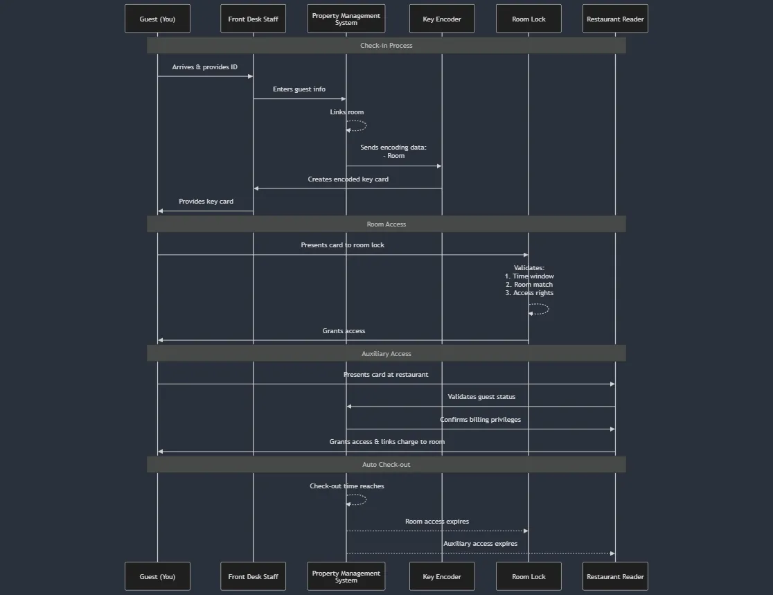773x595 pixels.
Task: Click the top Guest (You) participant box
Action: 157,19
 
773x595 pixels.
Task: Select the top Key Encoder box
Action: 442,19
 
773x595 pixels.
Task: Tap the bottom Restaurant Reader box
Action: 615,576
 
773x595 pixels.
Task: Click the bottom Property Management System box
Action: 346,576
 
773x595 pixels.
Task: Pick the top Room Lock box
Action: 528,19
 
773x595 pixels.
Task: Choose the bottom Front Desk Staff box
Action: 253,576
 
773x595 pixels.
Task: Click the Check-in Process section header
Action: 386,46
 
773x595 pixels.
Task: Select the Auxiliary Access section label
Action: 386,354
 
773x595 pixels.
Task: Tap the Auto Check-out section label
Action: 386,465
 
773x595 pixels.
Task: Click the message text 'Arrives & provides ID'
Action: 205,67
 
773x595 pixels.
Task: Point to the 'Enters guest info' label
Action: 299,89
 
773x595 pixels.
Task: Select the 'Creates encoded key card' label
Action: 348,179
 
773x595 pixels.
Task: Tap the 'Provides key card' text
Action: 206,202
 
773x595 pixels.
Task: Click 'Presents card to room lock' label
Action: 342,245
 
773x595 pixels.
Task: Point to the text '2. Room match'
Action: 529,285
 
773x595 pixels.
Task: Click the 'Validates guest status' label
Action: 481,397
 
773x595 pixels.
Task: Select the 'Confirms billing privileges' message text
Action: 480,420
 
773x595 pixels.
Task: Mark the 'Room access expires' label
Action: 437,522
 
